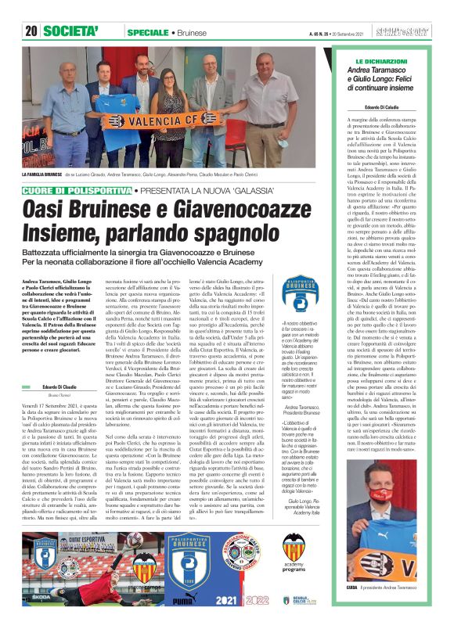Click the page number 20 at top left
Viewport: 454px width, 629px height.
tap(31, 31)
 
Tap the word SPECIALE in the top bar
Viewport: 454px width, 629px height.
tap(147, 31)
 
